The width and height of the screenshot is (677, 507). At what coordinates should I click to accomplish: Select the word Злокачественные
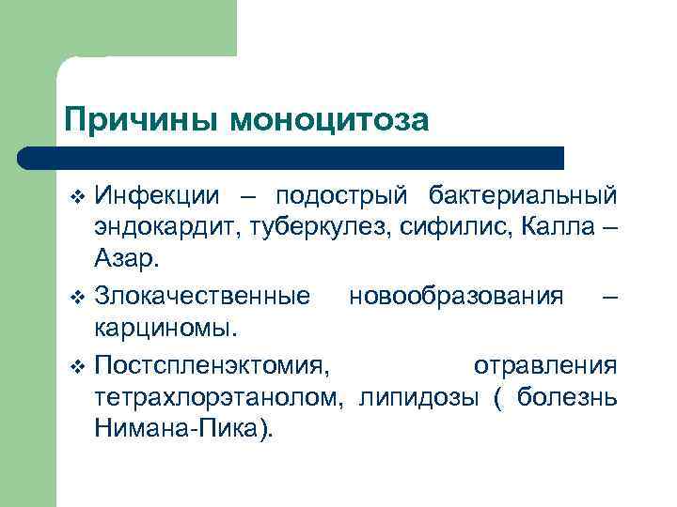(x=201, y=297)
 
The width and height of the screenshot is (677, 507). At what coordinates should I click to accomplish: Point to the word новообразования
(x=455, y=297)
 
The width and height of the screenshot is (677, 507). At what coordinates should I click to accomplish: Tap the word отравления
(x=544, y=364)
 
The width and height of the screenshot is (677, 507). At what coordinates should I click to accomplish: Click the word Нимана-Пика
(x=181, y=429)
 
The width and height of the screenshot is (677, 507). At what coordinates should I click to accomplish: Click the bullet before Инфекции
(x=77, y=196)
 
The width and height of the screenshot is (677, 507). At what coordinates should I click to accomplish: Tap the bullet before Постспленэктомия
(x=77, y=365)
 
